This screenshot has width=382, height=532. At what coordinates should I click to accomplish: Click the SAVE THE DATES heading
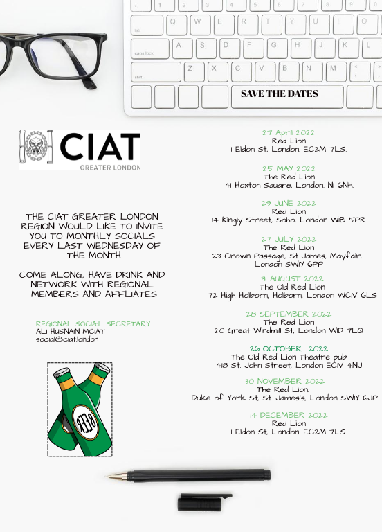280,94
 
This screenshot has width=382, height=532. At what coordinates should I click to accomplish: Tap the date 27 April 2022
289,132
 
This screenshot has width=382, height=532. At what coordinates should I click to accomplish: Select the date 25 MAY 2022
289,168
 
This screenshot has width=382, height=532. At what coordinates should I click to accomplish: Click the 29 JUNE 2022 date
289,203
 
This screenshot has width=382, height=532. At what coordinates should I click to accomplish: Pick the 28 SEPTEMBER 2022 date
289,314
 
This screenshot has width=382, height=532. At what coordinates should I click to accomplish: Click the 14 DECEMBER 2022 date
289,415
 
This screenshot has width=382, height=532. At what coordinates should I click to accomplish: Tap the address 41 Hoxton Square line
289,186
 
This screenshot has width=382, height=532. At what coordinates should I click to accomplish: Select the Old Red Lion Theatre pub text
289,357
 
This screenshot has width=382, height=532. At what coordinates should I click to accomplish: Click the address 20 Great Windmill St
289,331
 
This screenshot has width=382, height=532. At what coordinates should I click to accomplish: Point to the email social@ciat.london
67,339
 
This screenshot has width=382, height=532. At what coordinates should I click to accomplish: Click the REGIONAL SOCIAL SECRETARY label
93,323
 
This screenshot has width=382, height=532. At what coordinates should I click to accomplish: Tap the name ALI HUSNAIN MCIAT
70,332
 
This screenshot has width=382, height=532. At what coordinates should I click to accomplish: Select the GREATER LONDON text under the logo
110,167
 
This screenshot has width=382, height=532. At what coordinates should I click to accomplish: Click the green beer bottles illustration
80,409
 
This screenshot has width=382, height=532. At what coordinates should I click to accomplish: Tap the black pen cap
204,502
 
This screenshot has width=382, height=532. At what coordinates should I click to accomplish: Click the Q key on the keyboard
176,21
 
